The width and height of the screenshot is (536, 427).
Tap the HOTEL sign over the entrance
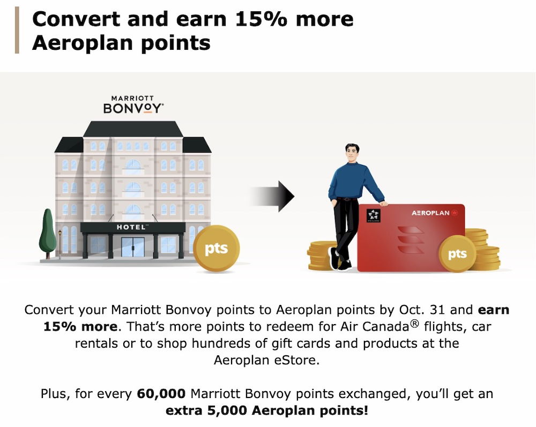pos(132,227)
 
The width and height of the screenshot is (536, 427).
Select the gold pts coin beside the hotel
pos(216,249)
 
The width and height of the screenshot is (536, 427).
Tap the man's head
pos(352,153)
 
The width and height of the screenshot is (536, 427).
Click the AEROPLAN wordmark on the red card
pos(430,213)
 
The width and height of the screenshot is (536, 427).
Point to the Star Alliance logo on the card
pos(373,215)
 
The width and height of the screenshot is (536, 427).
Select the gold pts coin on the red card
pos(457,254)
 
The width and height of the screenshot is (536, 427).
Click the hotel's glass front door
pos(132,246)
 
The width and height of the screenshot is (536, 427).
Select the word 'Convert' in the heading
pos(76,19)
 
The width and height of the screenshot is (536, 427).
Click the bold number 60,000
pos(161,394)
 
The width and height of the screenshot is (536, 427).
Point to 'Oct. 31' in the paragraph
pos(422,310)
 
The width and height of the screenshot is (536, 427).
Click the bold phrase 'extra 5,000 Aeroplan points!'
pos(267,410)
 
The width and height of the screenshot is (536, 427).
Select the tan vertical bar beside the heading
pos(17,30)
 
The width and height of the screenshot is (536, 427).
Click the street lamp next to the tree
pos(60,244)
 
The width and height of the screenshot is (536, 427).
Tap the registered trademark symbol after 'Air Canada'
pos(414,323)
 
